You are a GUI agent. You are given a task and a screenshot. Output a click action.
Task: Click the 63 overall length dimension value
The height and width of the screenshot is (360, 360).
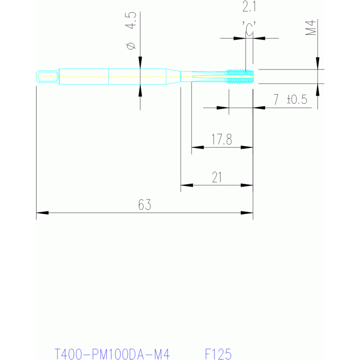(x=145, y=205)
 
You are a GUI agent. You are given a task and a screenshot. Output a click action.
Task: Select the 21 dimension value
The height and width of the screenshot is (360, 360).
(x=216, y=177)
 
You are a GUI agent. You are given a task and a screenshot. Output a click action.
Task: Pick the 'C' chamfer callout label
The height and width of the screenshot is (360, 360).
(x=249, y=29)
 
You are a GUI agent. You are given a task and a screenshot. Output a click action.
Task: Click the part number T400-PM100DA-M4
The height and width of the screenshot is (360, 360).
(x=112, y=353)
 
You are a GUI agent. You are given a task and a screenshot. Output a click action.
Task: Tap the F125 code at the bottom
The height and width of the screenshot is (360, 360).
(x=219, y=353)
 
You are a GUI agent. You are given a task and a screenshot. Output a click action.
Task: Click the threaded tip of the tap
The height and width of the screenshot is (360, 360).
(x=240, y=76)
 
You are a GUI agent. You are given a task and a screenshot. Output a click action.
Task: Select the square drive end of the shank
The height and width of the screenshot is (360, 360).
(x=47, y=76)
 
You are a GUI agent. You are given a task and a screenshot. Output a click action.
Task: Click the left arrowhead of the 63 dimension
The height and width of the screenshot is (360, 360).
(x=42, y=213)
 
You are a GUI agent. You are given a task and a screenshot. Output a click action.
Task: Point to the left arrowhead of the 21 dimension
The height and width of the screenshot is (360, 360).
(x=187, y=185)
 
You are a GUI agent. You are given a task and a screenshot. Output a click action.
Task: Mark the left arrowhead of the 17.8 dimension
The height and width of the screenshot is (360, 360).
(x=197, y=147)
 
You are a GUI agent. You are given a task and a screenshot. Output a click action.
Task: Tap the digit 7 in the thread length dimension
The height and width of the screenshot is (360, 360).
(x=276, y=100)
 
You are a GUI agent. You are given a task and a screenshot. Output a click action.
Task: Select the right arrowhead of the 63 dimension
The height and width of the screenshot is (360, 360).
(x=247, y=213)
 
